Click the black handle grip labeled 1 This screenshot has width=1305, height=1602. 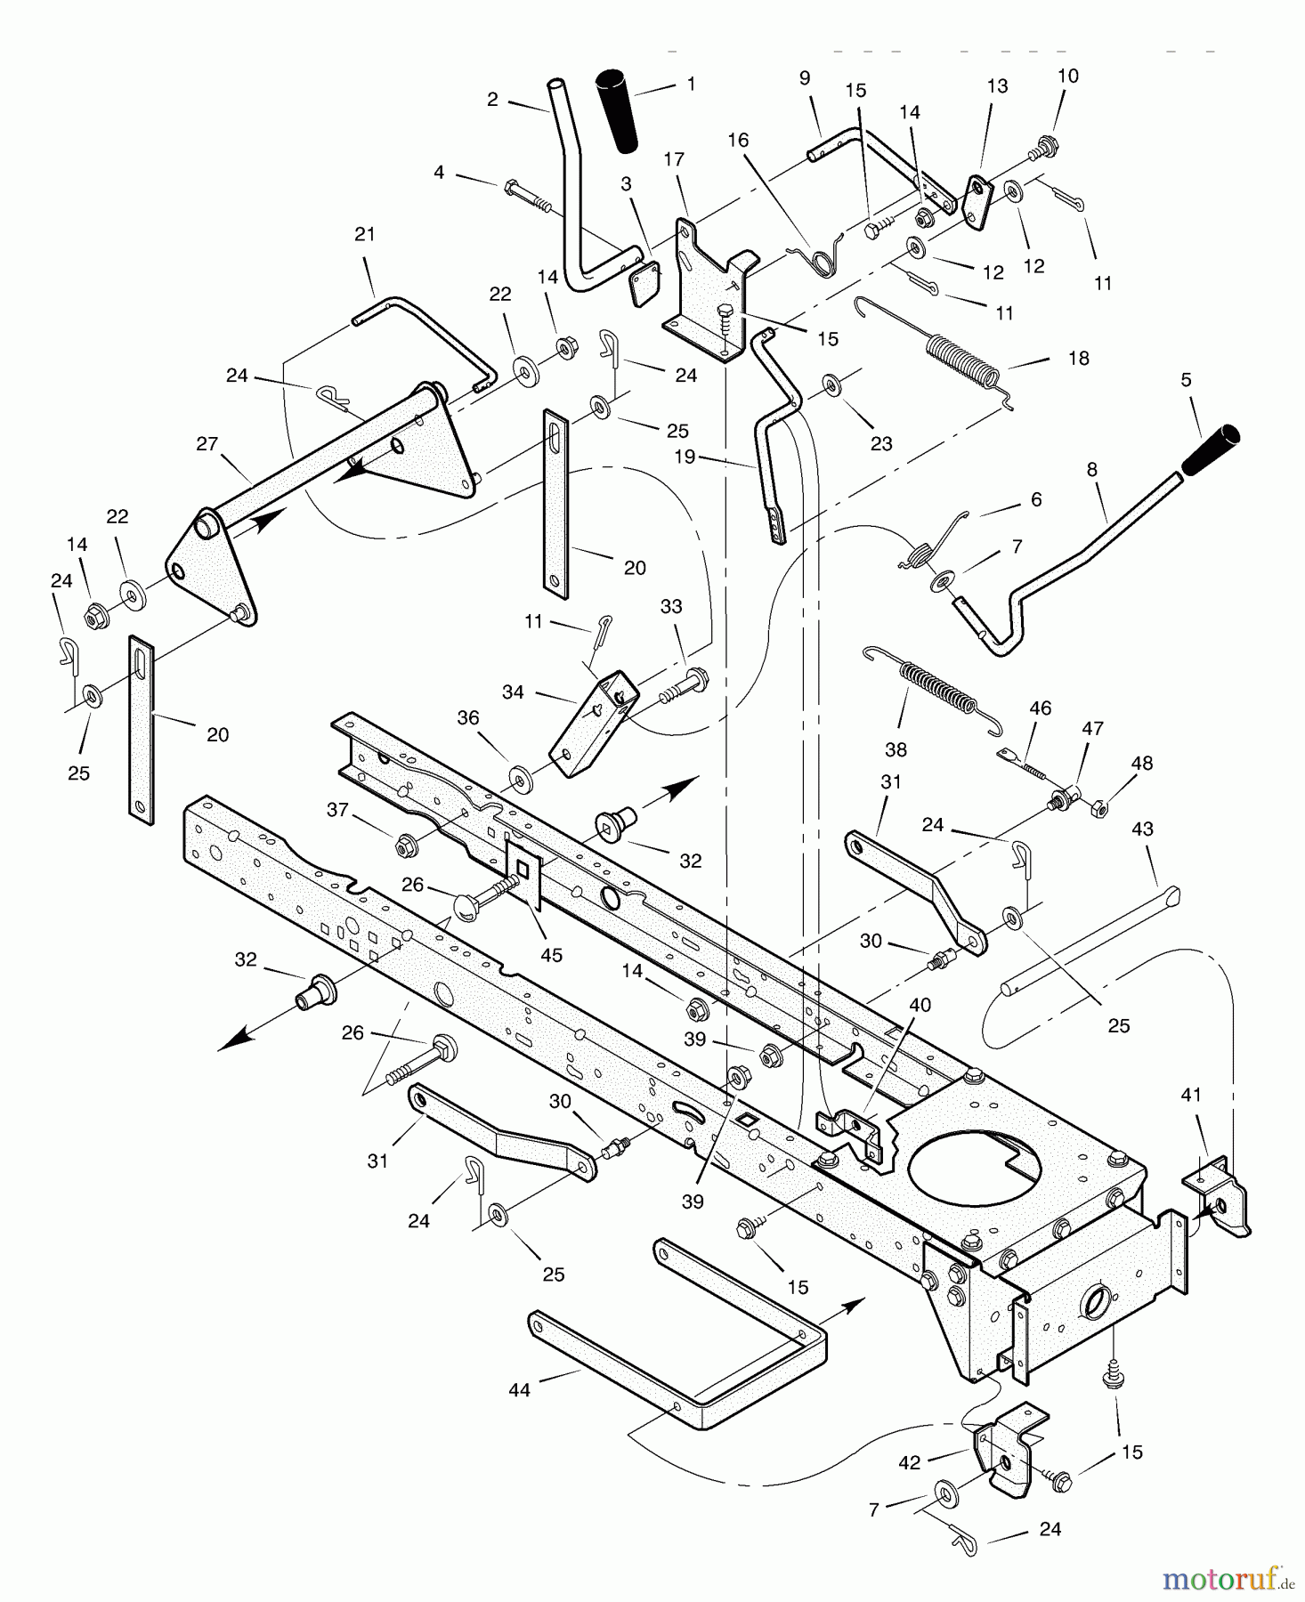coord(620,109)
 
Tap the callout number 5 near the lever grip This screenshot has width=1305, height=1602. coord(1186,380)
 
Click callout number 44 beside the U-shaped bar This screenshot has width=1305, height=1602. coord(519,1389)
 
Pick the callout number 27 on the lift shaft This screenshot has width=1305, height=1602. coord(207,443)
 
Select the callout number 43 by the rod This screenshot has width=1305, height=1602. coord(1142,829)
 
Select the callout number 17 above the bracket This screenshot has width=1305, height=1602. coord(674,159)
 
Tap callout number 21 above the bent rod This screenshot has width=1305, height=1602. coord(365,234)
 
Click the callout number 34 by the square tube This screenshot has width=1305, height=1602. coord(513,691)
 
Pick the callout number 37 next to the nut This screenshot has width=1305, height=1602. coord(337,808)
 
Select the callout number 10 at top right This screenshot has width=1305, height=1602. coord(1067,76)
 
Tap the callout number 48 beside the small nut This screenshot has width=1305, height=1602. coord(1141,763)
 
